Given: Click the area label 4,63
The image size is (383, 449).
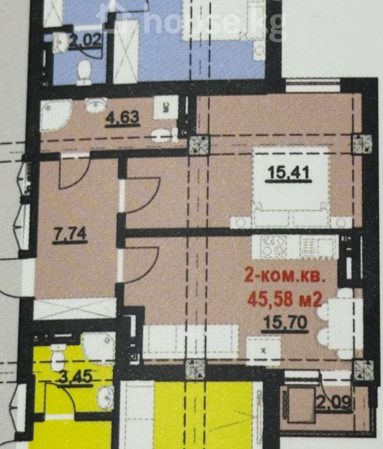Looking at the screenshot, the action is pos(123,117).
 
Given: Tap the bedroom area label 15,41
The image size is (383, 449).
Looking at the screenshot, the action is pos(288,173).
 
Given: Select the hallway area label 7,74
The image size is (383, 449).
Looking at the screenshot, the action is pos(70,234).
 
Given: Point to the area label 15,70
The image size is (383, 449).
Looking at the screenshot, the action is pos(286,324).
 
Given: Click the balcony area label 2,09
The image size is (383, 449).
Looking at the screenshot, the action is pos(334,403).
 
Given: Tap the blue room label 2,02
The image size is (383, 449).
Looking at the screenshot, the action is pos(85,39).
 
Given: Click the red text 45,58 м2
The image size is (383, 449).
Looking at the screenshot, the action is pos(285,300).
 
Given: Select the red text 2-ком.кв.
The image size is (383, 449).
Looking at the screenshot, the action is pos(285,278).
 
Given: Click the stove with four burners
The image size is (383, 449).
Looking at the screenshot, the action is pos(273,246).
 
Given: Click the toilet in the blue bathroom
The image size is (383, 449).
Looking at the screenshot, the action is pos(84,73).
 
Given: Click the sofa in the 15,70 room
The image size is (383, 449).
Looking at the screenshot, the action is pos(191,341).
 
